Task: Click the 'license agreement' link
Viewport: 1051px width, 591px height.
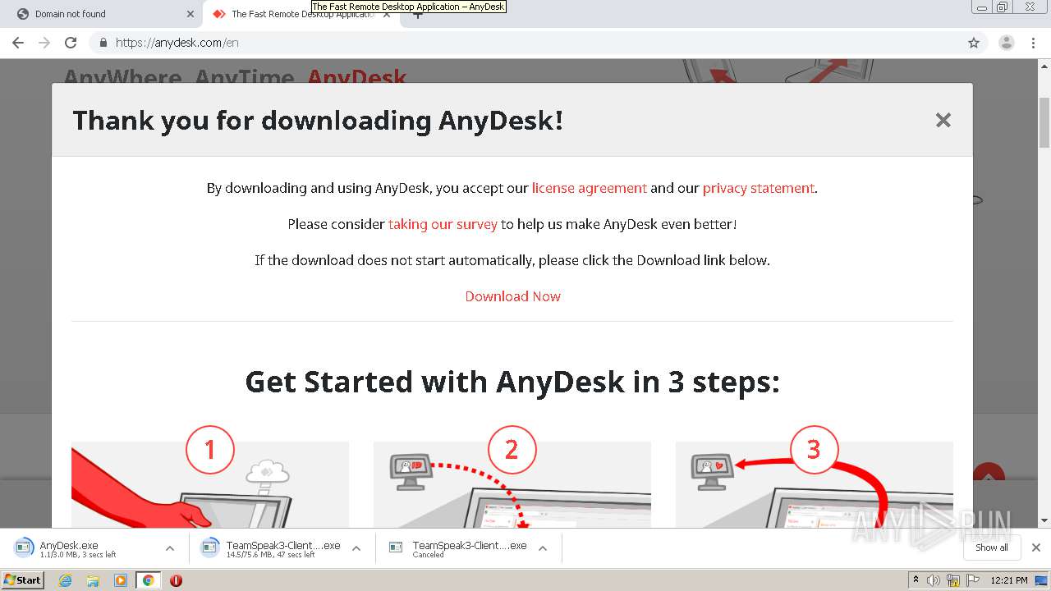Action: pyautogui.click(x=589, y=188)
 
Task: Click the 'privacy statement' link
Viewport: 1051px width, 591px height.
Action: pyautogui.click(x=758, y=188)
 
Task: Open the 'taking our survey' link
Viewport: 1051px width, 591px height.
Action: pyautogui.click(x=443, y=224)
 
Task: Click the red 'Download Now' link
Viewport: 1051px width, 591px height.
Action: pyautogui.click(x=512, y=296)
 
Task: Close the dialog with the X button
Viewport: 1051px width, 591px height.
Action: pyautogui.click(x=943, y=120)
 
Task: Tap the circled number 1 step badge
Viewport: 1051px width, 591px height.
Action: pyautogui.click(x=209, y=450)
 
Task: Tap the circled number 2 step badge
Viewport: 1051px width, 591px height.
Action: pyautogui.click(x=512, y=450)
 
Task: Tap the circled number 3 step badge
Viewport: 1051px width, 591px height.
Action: pyautogui.click(x=814, y=450)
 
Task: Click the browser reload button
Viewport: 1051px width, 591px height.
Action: pyautogui.click(x=71, y=43)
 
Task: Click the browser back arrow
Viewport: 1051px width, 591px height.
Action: pyautogui.click(x=18, y=43)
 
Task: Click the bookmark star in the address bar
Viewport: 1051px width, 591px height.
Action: pyautogui.click(x=974, y=43)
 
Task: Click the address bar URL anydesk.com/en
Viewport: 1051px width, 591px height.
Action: pyautogui.click(x=177, y=43)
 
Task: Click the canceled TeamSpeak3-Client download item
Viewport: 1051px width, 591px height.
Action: pyautogui.click(x=469, y=548)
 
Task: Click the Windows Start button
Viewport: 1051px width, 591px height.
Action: pyautogui.click(x=22, y=580)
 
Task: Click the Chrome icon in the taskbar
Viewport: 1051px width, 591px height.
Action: pyautogui.click(x=148, y=580)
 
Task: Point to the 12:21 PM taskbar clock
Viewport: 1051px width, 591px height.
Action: pyautogui.click(x=1009, y=580)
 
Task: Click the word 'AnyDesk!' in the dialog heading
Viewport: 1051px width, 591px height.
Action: pyautogui.click(x=501, y=121)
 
